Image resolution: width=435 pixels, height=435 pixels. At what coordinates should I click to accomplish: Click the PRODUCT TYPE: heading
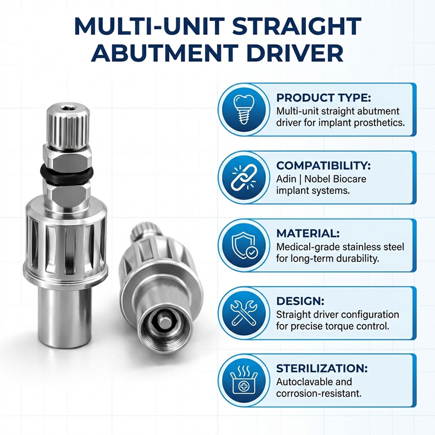324,98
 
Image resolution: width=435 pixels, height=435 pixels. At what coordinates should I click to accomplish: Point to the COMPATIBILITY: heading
323,165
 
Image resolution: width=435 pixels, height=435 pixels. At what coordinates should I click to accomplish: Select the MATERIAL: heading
308,233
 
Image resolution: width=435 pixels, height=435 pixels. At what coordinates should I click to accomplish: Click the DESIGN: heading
300,301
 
